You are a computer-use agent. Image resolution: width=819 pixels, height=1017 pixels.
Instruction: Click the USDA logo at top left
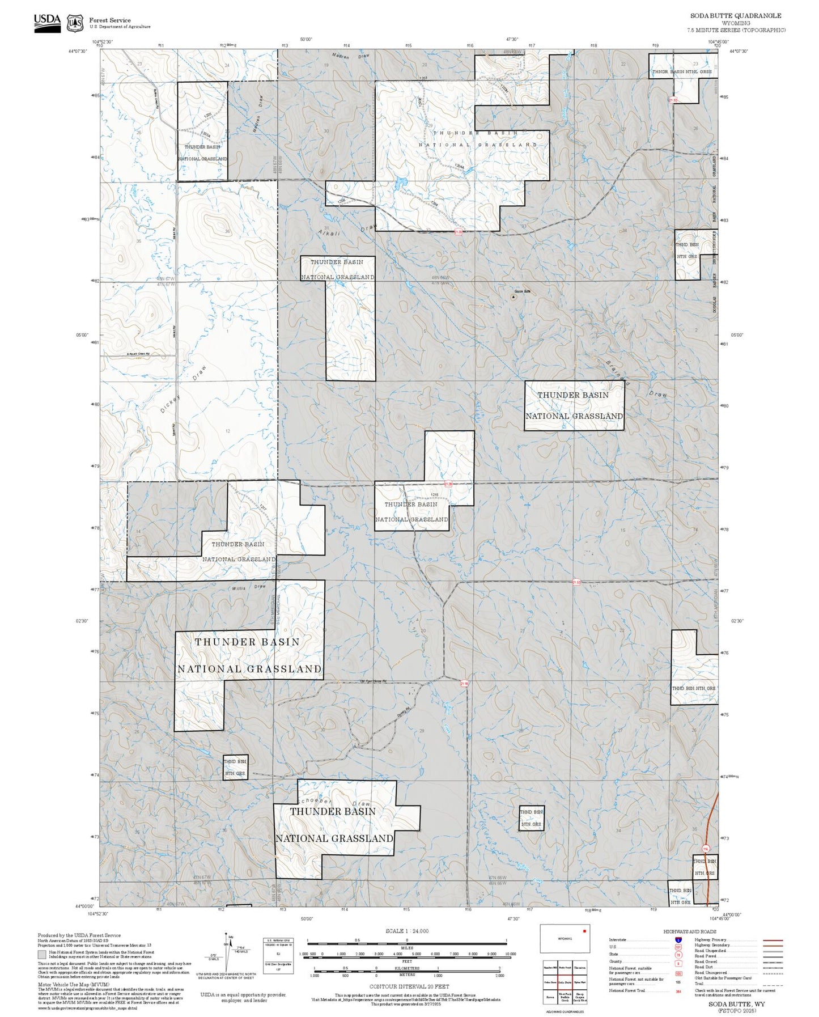47,23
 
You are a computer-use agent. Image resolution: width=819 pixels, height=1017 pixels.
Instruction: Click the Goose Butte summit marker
514,296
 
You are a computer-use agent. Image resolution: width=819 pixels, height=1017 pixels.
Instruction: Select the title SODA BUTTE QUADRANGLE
735,15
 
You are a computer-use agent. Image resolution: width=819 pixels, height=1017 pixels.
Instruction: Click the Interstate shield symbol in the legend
678,940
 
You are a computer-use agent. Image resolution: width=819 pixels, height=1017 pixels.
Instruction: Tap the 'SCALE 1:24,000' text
406,931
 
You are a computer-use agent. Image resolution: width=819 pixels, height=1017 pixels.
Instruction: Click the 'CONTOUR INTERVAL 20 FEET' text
406,987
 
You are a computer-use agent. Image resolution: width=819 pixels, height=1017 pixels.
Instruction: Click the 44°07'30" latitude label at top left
78,51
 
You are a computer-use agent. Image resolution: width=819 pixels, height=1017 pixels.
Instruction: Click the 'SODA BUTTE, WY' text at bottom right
736,1004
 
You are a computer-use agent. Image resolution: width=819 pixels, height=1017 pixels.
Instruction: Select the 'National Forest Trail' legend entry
627,990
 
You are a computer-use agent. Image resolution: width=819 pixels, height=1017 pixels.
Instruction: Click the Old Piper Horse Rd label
372,682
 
